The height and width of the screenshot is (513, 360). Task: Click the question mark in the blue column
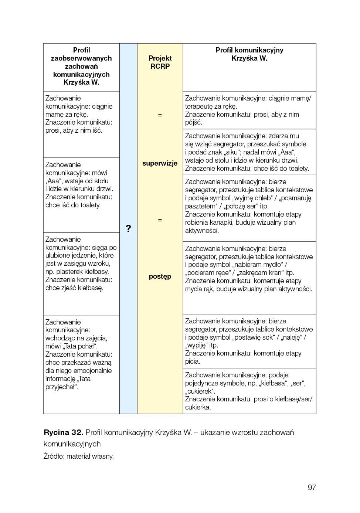pyautogui.click(x=128, y=228)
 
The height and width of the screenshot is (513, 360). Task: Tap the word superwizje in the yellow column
pyautogui.click(x=160, y=163)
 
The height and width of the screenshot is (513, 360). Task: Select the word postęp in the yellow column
pyautogui.click(x=160, y=276)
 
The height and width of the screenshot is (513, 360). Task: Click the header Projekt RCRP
pyautogui.click(x=160, y=62)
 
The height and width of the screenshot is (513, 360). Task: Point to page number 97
pyautogui.click(x=312, y=487)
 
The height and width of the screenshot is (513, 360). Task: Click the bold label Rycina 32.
pyautogui.click(x=63, y=432)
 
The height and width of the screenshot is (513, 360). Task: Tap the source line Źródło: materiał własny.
pyautogui.click(x=78, y=456)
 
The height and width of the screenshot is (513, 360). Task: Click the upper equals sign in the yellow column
pyautogui.click(x=160, y=115)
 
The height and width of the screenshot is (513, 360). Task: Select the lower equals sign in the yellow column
pyautogui.click(x=160, y=220)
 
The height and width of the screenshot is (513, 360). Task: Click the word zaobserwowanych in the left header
pyautogui.click(x=81, y=58)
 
